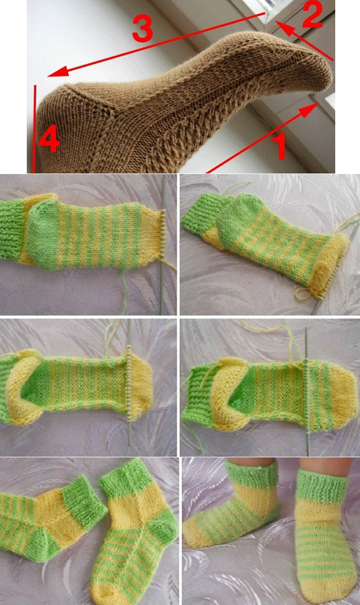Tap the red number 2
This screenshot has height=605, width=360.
(x=312, y=15)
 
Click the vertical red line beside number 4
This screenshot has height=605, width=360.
(x=34, y=129)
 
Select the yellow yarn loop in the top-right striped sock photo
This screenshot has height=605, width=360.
(x=303, y=293)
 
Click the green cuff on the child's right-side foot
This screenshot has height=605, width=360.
(x=323, y=486)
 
